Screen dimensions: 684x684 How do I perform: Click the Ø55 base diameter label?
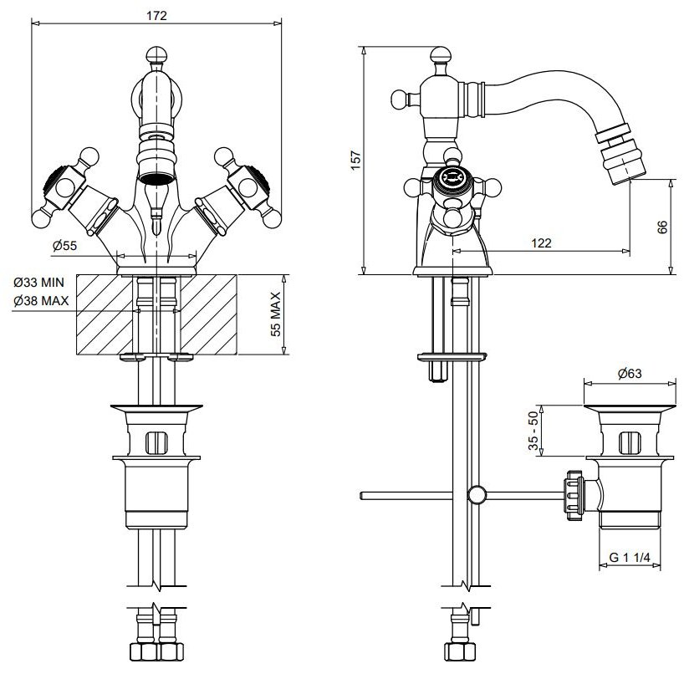pos(64,245)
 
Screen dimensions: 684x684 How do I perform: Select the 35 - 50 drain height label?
pos(532,432)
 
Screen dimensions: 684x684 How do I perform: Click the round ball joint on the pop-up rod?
pos(477,495)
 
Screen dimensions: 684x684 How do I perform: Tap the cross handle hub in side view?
pos(452,178)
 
